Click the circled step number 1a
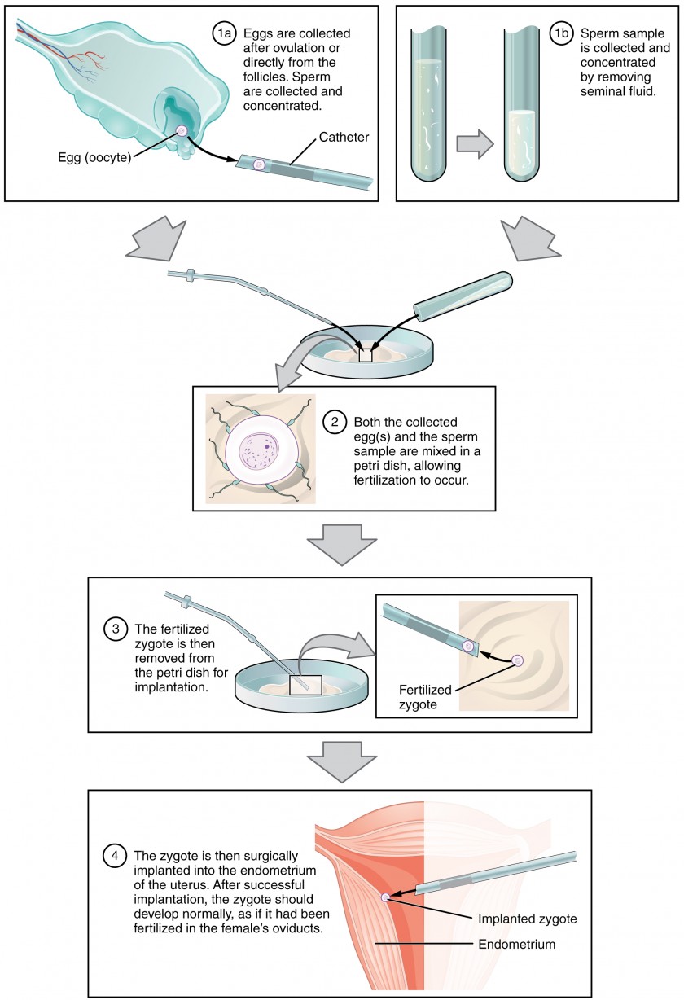pos(224,34)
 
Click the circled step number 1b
pos(561,34)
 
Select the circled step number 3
pos(116,629)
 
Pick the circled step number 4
pos(114,856)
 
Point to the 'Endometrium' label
pos(517,945)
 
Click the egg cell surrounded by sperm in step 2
pos(258,456)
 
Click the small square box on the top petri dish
pos(366,355)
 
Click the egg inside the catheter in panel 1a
pos(259,164)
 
